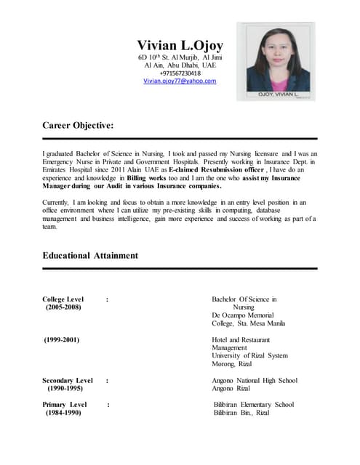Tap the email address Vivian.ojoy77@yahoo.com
coord(180,81)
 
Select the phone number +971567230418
coord(180,73)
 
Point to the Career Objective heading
coord(78,126)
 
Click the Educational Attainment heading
coord(90,256)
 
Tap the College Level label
coord(63,299)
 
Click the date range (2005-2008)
coord(63,307)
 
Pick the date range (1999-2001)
coord(61,340)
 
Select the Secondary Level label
coord(68,380)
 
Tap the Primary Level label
coord(65,404)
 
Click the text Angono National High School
coord(255,380)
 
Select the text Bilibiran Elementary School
coord(254,404)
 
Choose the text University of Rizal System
coord(249,356)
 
